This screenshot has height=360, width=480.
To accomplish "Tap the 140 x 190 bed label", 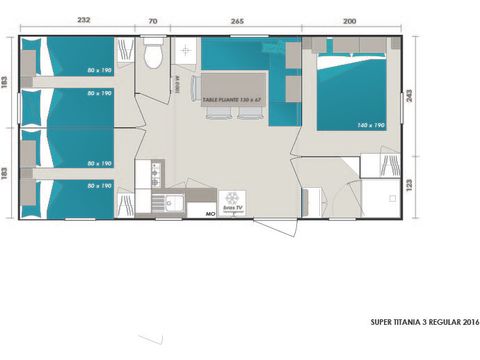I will point(370,124).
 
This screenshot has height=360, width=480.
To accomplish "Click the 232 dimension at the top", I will point(84,19).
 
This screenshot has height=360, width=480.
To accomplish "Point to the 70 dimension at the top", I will point(153,19).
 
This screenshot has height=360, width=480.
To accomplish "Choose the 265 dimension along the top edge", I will point(237,19).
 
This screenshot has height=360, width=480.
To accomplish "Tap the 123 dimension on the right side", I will point(412,187).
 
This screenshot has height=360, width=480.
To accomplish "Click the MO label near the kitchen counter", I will point(210,213).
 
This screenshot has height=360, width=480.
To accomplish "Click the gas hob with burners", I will point(156,175).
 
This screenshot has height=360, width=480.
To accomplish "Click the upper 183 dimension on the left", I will point(7,85).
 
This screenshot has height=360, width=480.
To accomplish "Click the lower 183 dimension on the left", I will point(7,172).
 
